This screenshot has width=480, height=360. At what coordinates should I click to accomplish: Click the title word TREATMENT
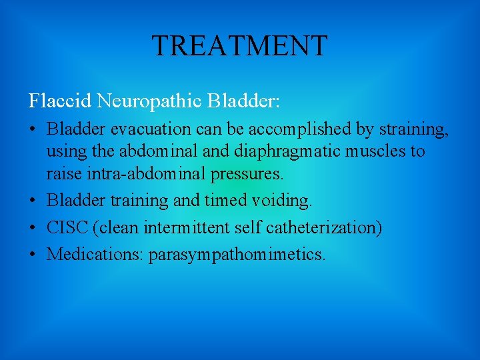point(240,46)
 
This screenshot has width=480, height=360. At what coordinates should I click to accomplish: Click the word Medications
point(95,254)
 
